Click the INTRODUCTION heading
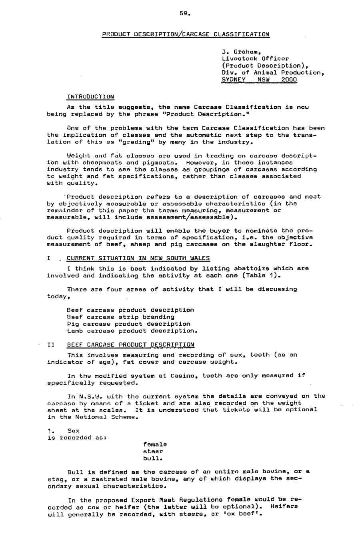(90, 96)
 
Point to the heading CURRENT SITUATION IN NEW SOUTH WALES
(138, 258)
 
